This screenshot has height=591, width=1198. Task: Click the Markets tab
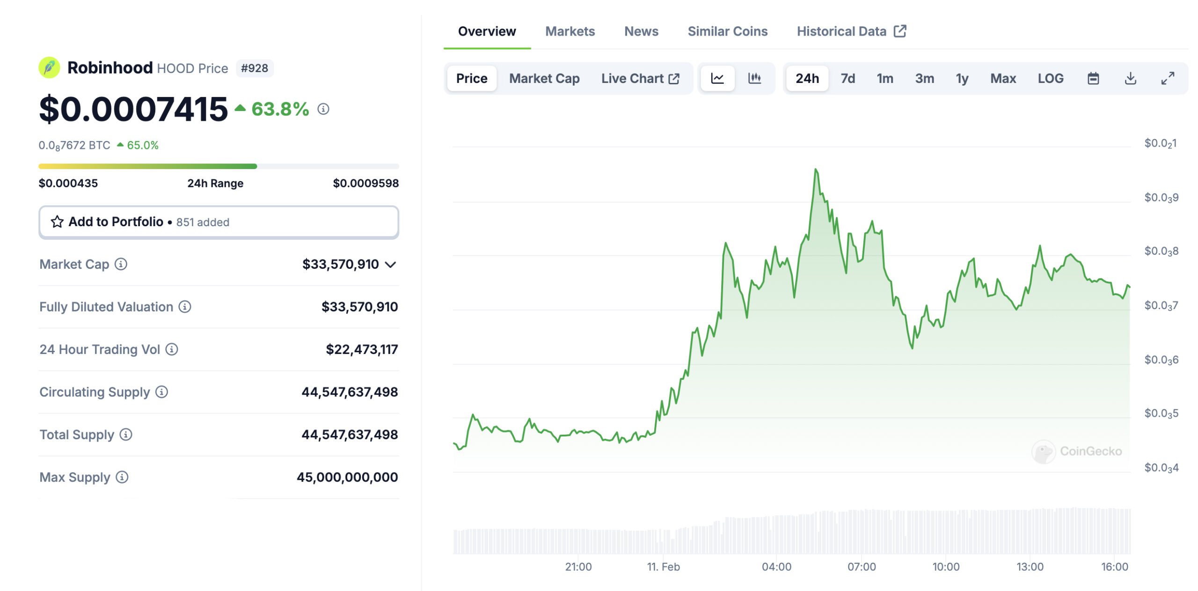coord(570,31)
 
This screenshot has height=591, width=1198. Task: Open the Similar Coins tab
coord(727,31)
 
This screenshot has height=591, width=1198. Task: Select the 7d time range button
coord(847,78)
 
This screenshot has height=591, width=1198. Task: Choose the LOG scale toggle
coord(1050,78)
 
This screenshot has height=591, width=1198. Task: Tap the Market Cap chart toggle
coord(544,78)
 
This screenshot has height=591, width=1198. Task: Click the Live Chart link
coord(640,78)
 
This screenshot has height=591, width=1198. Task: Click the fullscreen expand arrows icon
coord(1168,78)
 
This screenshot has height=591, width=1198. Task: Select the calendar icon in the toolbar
coord(1093,78)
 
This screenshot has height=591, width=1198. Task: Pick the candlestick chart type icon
coord(754,78)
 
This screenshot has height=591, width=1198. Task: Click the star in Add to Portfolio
coord(57,222)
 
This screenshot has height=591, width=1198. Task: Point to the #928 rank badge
coord(254,68)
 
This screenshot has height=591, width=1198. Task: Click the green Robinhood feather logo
coord(49,68)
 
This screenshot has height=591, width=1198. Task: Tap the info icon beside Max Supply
coord(122,477)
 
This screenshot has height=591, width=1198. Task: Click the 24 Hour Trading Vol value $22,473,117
coord(361,349)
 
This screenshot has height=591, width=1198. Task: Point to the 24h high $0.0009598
coord(365,183)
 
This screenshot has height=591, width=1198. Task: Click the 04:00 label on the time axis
coord(776,567)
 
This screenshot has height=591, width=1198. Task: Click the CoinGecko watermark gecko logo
coord(1044,451)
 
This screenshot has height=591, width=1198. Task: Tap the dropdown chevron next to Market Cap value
coord(390,265)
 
